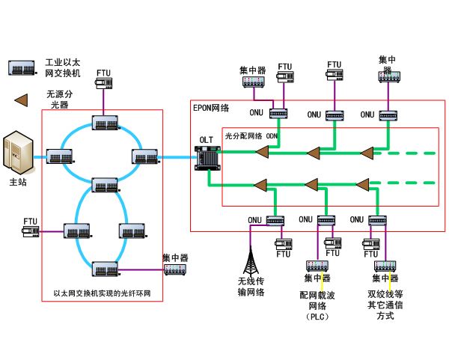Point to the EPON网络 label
coord(211,108)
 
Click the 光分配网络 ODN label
coord(251,135)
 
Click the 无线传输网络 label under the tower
coord(251,287)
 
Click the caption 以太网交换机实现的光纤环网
coord(102,293)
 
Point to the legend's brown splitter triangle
coord(22,99)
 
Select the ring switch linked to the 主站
coord(58,156)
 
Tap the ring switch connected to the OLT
coord(144,156)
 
